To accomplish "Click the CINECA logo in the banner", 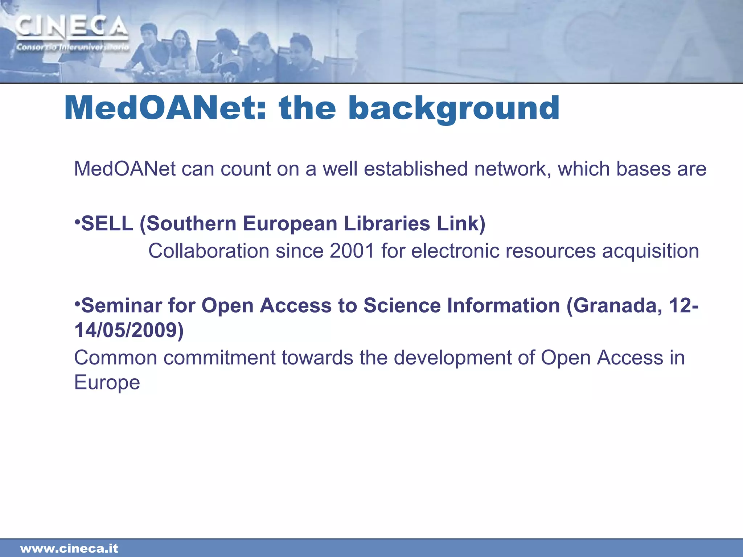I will click(72, 27).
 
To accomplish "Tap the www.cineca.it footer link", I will click(69, 548).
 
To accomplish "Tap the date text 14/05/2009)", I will click(129, 330).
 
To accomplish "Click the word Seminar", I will click(121, 305).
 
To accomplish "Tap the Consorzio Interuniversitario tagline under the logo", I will click(72, 47).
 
